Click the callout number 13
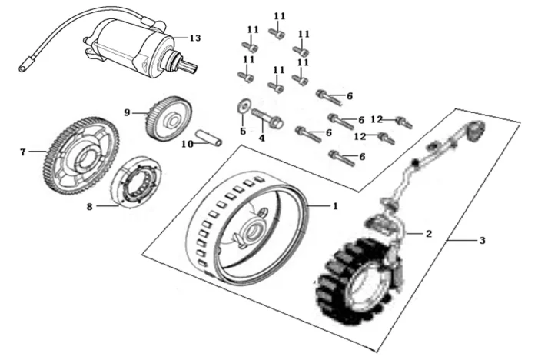(194, 38)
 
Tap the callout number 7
(23, 152)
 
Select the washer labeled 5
(242, 106)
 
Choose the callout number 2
(429, 232)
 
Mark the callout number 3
(482, 241)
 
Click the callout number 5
(242, 131)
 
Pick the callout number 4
(261, 138)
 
